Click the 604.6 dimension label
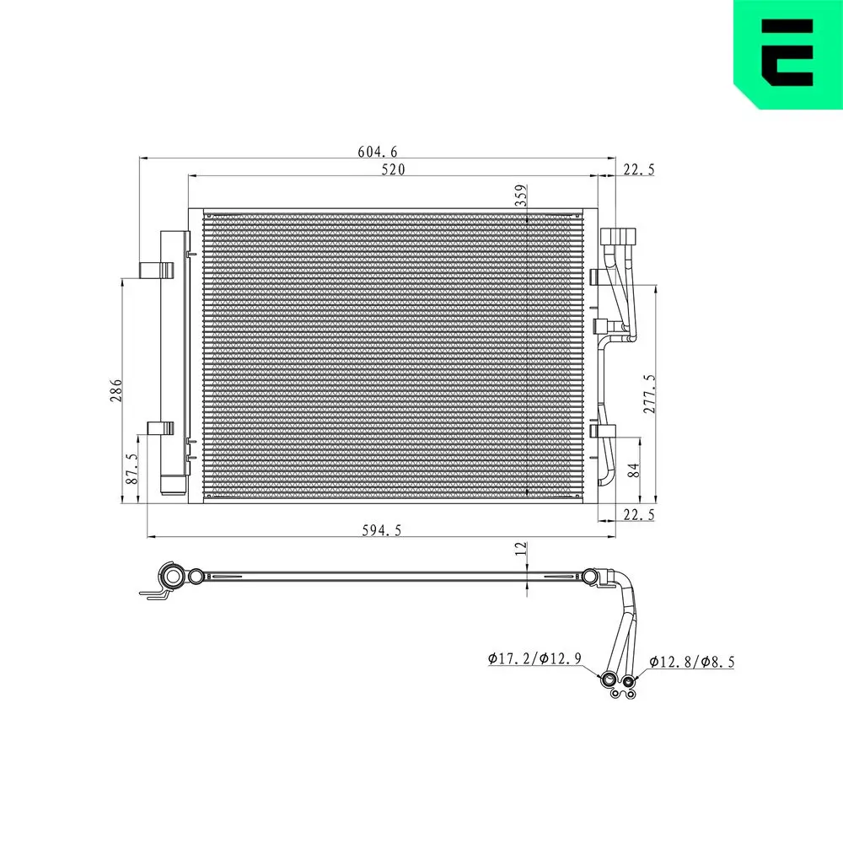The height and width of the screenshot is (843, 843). (377, 152)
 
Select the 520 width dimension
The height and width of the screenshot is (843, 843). (393, 169)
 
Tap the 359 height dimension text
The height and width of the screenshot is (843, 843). (521, 196)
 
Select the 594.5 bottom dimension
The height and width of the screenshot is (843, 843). (381, 529)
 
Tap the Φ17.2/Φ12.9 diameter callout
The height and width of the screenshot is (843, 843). (534, 660)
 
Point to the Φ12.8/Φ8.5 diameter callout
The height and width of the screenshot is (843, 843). (691, 662)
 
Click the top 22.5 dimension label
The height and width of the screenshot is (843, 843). (638, 170)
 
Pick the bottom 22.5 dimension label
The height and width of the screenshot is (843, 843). (638, 514)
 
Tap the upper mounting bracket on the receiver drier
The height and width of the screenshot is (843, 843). (156, 270)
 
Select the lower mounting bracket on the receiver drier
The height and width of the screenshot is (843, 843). (159, 428)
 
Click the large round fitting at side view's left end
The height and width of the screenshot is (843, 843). (174, 577)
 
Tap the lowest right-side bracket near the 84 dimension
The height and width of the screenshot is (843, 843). (604, 432)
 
